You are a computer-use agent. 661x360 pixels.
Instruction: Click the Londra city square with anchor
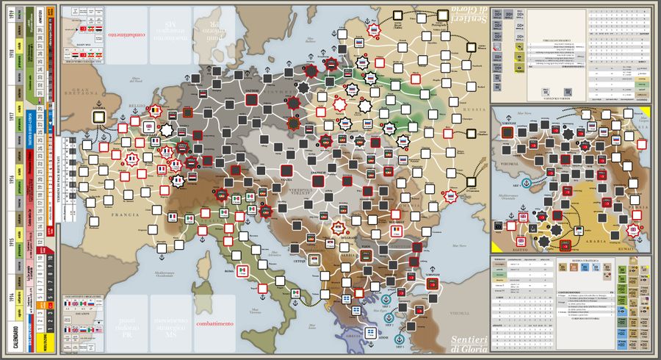(x=97, y=117)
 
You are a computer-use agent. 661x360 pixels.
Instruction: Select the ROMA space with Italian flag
(x=240, y=271)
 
